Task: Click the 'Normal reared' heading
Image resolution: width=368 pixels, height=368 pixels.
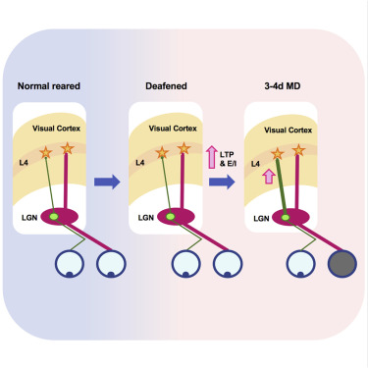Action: click(50, 86)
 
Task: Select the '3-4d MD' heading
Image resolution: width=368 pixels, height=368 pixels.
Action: click(282, 86)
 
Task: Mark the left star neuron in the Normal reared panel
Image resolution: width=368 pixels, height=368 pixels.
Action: click(45, 153)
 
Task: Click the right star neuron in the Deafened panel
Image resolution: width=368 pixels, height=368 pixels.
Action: click(182, 149)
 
